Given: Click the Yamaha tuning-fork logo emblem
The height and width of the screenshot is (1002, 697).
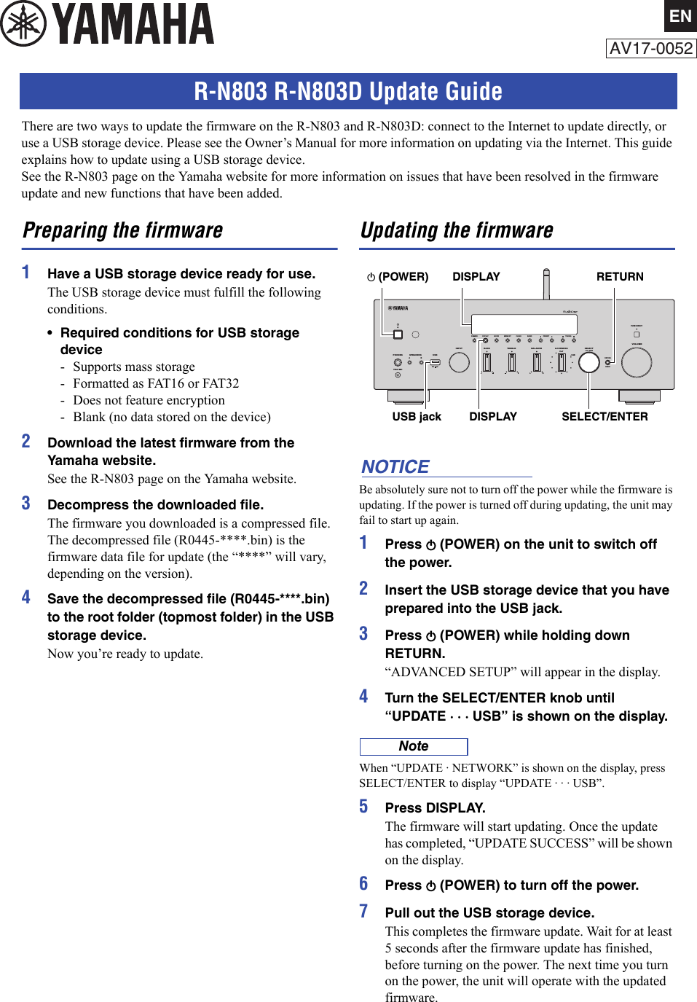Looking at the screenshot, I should click(x=23, y=23).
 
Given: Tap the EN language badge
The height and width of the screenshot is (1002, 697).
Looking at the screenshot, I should click(x=680, y=16).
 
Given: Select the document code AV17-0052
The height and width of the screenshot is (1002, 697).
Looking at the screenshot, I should click(x=651, y=49).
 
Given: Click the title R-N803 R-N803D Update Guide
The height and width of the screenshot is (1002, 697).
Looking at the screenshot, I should click(x=348, y=91).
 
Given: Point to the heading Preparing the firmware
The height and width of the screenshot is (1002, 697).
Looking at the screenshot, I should click(x=123, y=230).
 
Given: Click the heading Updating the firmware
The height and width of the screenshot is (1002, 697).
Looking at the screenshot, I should click(x=457, y=230).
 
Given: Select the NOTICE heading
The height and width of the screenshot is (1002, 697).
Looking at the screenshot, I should click(x=395, y=466).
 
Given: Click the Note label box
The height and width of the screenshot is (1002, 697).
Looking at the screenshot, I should click(x=414, y=746).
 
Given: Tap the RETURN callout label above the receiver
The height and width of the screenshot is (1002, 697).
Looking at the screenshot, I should click(x=620, y=277).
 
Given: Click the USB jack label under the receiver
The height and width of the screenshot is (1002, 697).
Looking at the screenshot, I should click(x=417, y=416).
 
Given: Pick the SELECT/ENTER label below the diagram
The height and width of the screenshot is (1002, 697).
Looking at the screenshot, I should click(x=605, y=416).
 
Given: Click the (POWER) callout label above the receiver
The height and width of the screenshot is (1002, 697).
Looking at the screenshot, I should click(x=398, y=277).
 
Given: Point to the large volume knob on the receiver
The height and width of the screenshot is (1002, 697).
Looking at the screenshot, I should click(x=637, y=362).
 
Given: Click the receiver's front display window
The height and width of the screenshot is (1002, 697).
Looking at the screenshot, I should click(x=514, y=323).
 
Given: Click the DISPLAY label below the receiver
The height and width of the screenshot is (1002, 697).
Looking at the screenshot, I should click(x=493, y=416).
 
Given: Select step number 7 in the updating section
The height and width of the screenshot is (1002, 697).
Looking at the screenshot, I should click(x=363, y=911).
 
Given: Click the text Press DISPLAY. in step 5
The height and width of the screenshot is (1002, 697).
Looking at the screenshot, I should click(x=435, y=807).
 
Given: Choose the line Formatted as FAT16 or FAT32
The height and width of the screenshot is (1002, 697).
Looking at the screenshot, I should click(x=155, y=383).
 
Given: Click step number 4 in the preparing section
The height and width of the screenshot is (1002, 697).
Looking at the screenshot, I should click(x=26, y=597).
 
